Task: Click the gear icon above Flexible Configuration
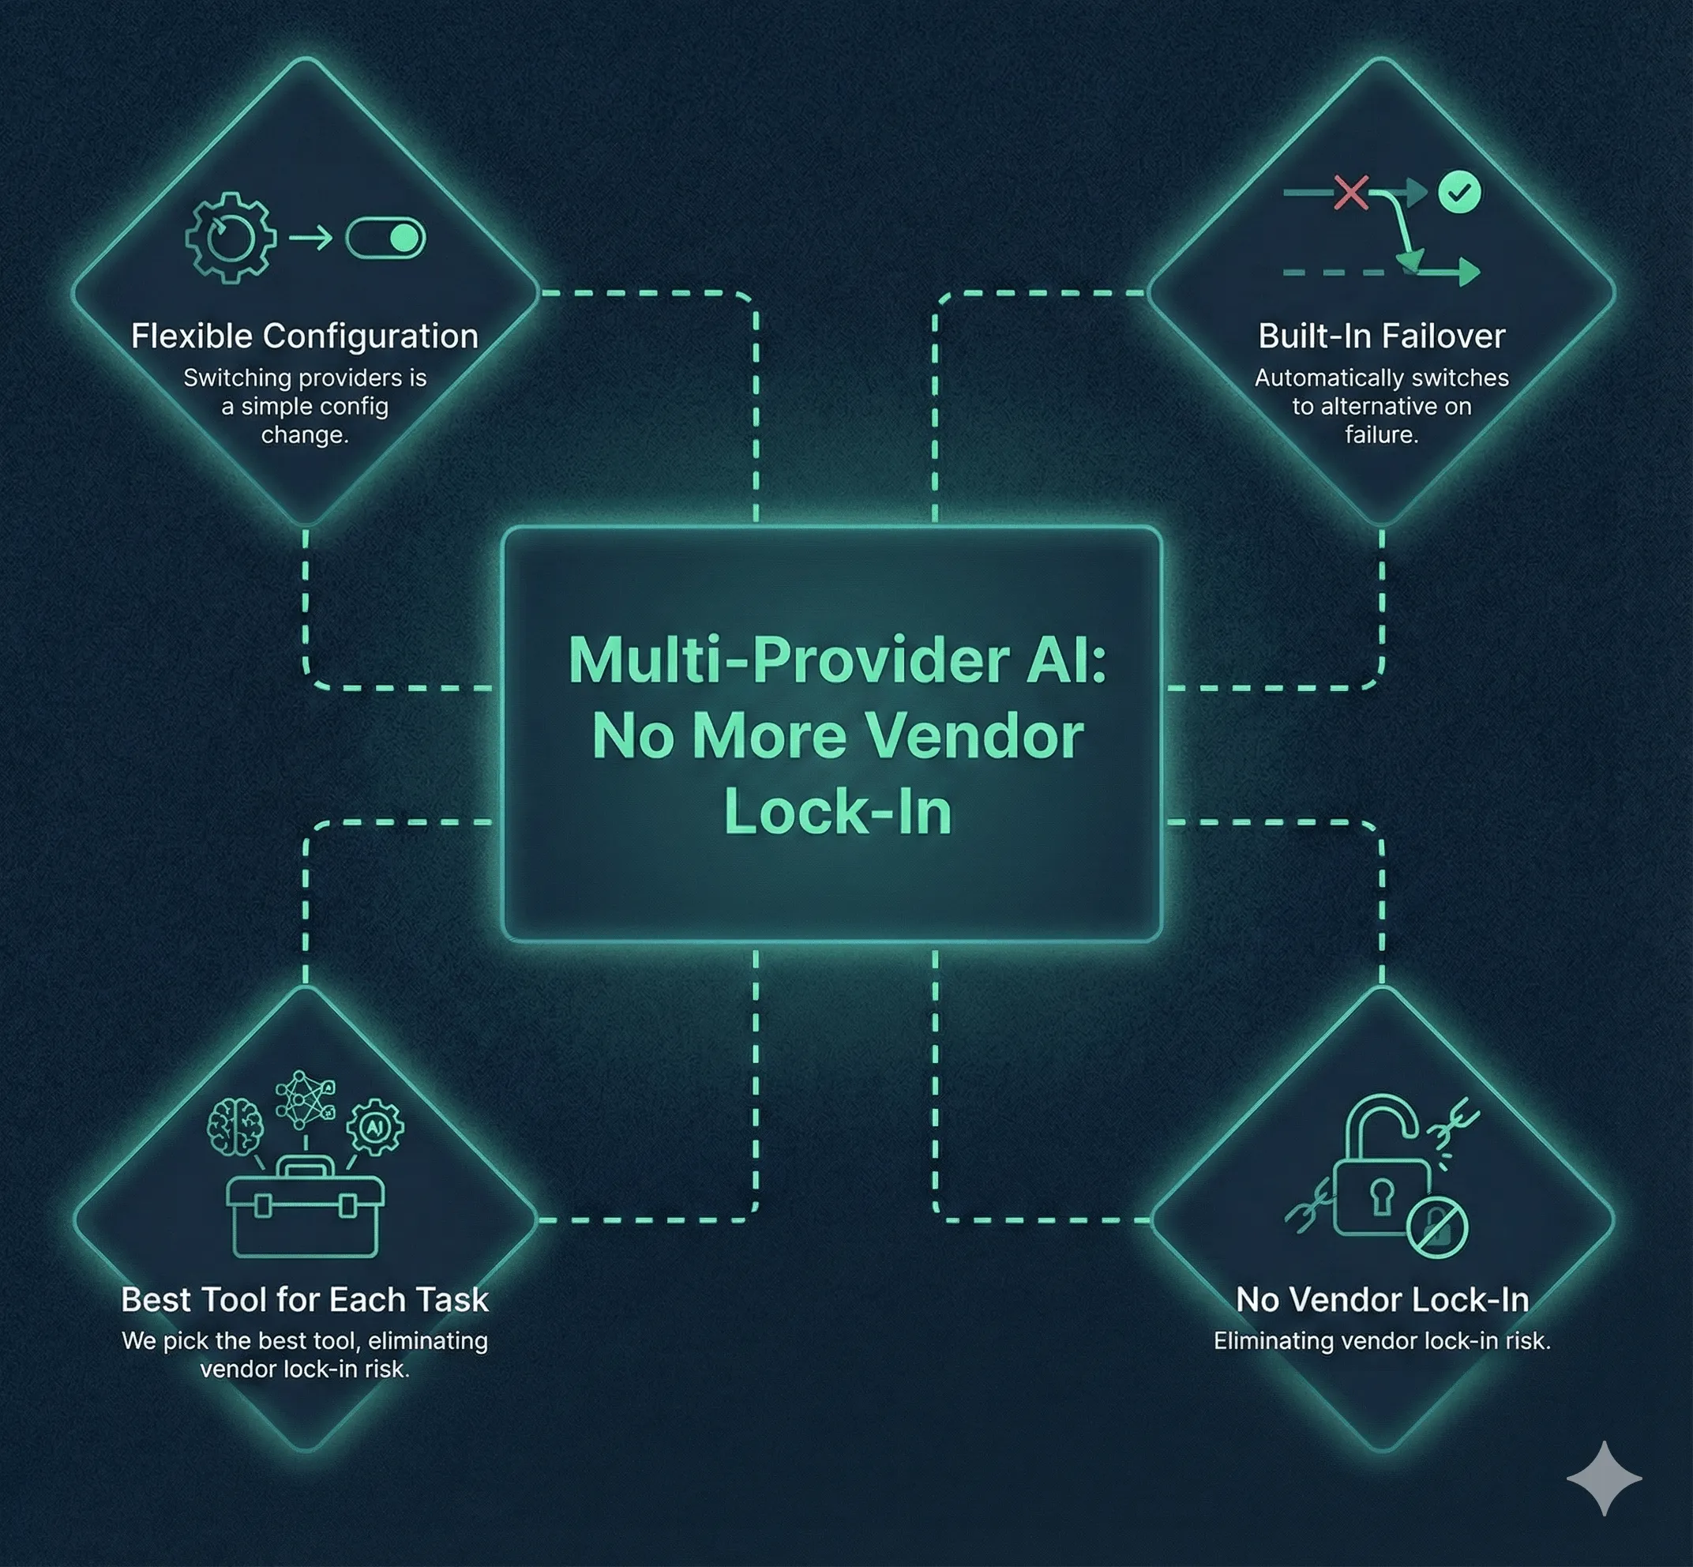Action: pos(231,238)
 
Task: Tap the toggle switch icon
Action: pos(385,239)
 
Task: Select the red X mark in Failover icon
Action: pos(1350,193)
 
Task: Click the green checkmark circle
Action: pos(1460,193)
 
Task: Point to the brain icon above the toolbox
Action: pos(235,1127)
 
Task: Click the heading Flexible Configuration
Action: pos(304,336)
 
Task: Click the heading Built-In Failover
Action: pos(1382,336)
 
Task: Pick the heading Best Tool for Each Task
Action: pos(305,1300)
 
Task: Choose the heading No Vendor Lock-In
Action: pos(1383,1300)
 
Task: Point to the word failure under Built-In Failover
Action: pos(1382,435)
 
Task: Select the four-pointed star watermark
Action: pos(1604,1478)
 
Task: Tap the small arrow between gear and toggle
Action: pos(310,239)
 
